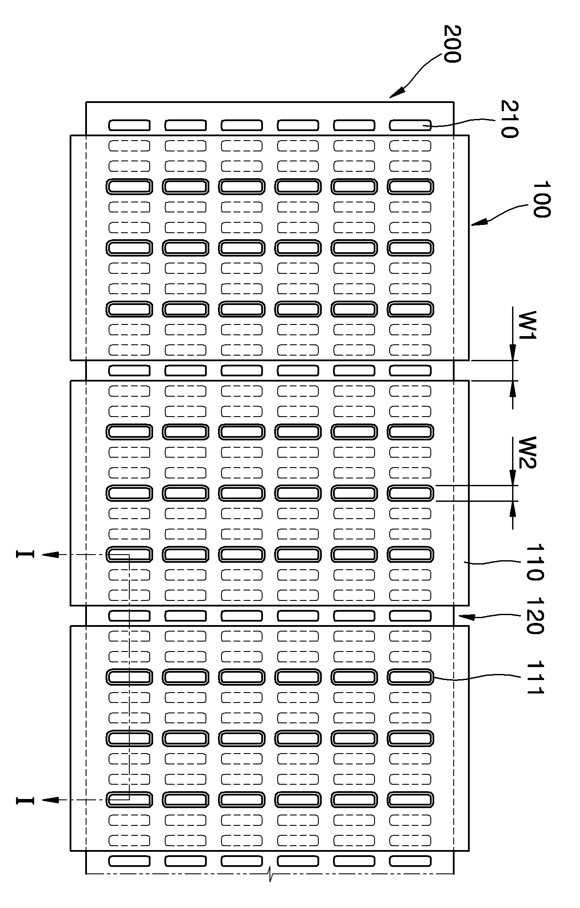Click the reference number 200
(452, 44)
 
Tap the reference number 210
(510, 119)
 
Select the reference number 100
(541, 199)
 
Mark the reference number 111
(535, 678)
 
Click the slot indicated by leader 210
(410, 125)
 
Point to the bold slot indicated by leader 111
(410, 677)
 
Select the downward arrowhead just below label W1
(513, 353)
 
